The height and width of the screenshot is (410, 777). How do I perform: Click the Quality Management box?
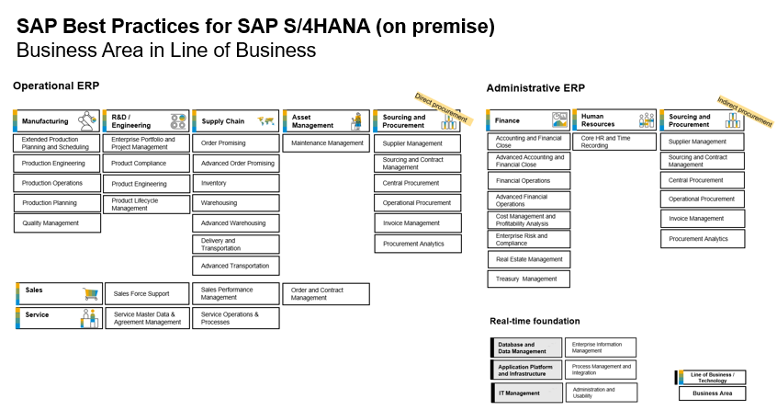click(x=57, y=223)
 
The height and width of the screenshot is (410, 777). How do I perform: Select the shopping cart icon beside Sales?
click(x=91, y=294)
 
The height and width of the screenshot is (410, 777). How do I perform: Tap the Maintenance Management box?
click(x=327, y=143)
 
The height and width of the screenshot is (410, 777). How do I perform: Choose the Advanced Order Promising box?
click(x=236, y=163)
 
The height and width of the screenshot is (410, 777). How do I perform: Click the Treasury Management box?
click(x=529, y=279)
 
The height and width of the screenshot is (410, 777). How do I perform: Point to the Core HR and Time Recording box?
click(x=614, y=142)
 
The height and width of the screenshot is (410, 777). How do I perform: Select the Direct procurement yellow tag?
click(x=443, y=109)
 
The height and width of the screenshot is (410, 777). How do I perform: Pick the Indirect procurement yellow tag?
click(x=745, y=111)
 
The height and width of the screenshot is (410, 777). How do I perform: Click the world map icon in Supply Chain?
click(x=266, y=121)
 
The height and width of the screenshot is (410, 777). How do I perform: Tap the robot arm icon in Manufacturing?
click(x=87, y=120)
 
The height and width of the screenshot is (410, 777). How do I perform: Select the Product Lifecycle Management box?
click(x=147, y=204)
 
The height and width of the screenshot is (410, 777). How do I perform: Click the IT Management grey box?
click(x=526, y=393)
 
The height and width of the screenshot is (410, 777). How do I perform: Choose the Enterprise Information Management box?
click(x=601, y=347)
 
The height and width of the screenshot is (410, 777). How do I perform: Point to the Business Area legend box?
click(x=712, y=393)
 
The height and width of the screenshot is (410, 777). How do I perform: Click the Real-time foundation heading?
click(x=535, y=321)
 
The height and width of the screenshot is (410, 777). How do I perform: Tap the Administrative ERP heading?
click(x=535, y=88)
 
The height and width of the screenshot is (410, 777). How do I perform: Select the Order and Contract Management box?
click(x=326, y=294)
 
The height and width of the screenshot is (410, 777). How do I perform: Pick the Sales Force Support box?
click(x=147, y=293)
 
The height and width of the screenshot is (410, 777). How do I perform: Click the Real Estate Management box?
click(x=529, y=259)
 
